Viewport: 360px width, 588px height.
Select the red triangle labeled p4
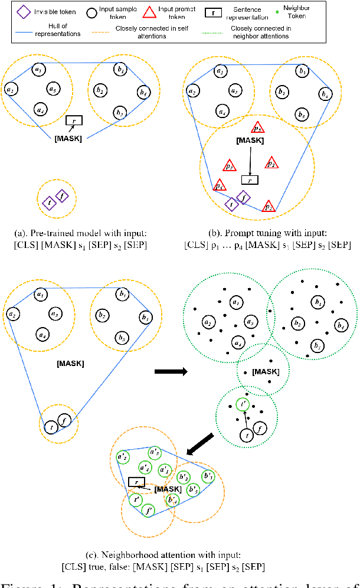pos(219,185)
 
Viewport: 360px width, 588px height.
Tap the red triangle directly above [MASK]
pos(257,128)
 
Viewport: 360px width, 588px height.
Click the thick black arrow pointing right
pos(170,371)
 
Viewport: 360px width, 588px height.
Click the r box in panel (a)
pos(74,120)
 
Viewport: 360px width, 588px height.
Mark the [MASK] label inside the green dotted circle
pos(265,371)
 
